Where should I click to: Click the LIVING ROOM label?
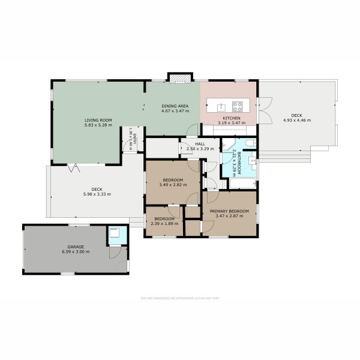[98, 121]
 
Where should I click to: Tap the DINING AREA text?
[175, 106]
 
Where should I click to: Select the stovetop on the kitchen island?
[237, 107]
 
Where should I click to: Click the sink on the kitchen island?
[221, 107]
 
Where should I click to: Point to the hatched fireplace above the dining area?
[179, 77]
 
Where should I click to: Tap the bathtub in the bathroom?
[242, 183]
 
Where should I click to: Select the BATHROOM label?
[238, 160]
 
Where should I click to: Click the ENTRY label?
[135, 142]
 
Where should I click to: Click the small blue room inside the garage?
[117, 236]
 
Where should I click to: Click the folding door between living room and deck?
[74, 167]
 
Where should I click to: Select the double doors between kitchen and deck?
[265, 110]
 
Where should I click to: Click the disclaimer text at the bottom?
[179, 298]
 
